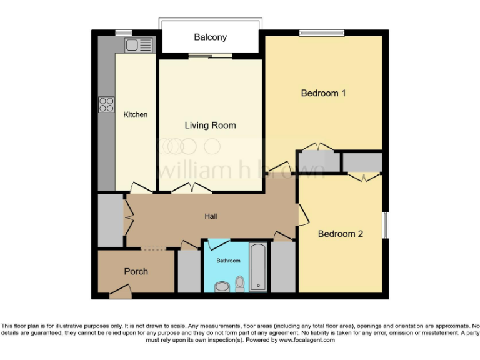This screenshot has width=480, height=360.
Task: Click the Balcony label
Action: [x=210, y=37]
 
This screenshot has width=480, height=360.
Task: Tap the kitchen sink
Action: [x=138, y=45]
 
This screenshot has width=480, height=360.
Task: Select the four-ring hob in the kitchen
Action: [x=106, y=104]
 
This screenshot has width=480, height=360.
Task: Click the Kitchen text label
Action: [x=136, y=114]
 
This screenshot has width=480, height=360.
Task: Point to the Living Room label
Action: [x=210, y=125]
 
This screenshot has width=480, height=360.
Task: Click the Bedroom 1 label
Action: [x=323, y=93]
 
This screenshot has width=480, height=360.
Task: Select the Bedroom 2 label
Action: [x=341, y=234]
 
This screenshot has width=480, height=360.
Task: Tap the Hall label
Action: [x=211, y=216]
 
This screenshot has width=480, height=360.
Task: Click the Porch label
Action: [x=136, y=271]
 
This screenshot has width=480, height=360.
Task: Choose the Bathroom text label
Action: [x=228, y=261]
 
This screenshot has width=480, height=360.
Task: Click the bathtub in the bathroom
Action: [x=258, y=267]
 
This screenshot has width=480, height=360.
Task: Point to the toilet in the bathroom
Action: [x=239, y=284]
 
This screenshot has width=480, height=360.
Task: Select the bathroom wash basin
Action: [x=221, y=287]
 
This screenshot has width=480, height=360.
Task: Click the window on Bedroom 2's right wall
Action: [x=385, y=225]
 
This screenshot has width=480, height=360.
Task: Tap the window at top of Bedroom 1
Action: [x=321, y=33]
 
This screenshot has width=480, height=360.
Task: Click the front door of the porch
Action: [x=119, y=290]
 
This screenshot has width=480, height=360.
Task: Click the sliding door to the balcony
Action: [x=209, y=57]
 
